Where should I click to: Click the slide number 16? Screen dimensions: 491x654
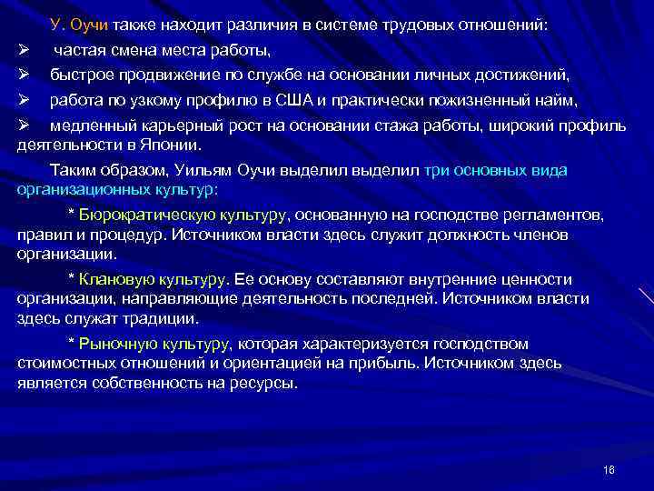[x=609, y=468]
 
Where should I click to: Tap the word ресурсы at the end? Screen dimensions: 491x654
[x=263, y=383]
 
